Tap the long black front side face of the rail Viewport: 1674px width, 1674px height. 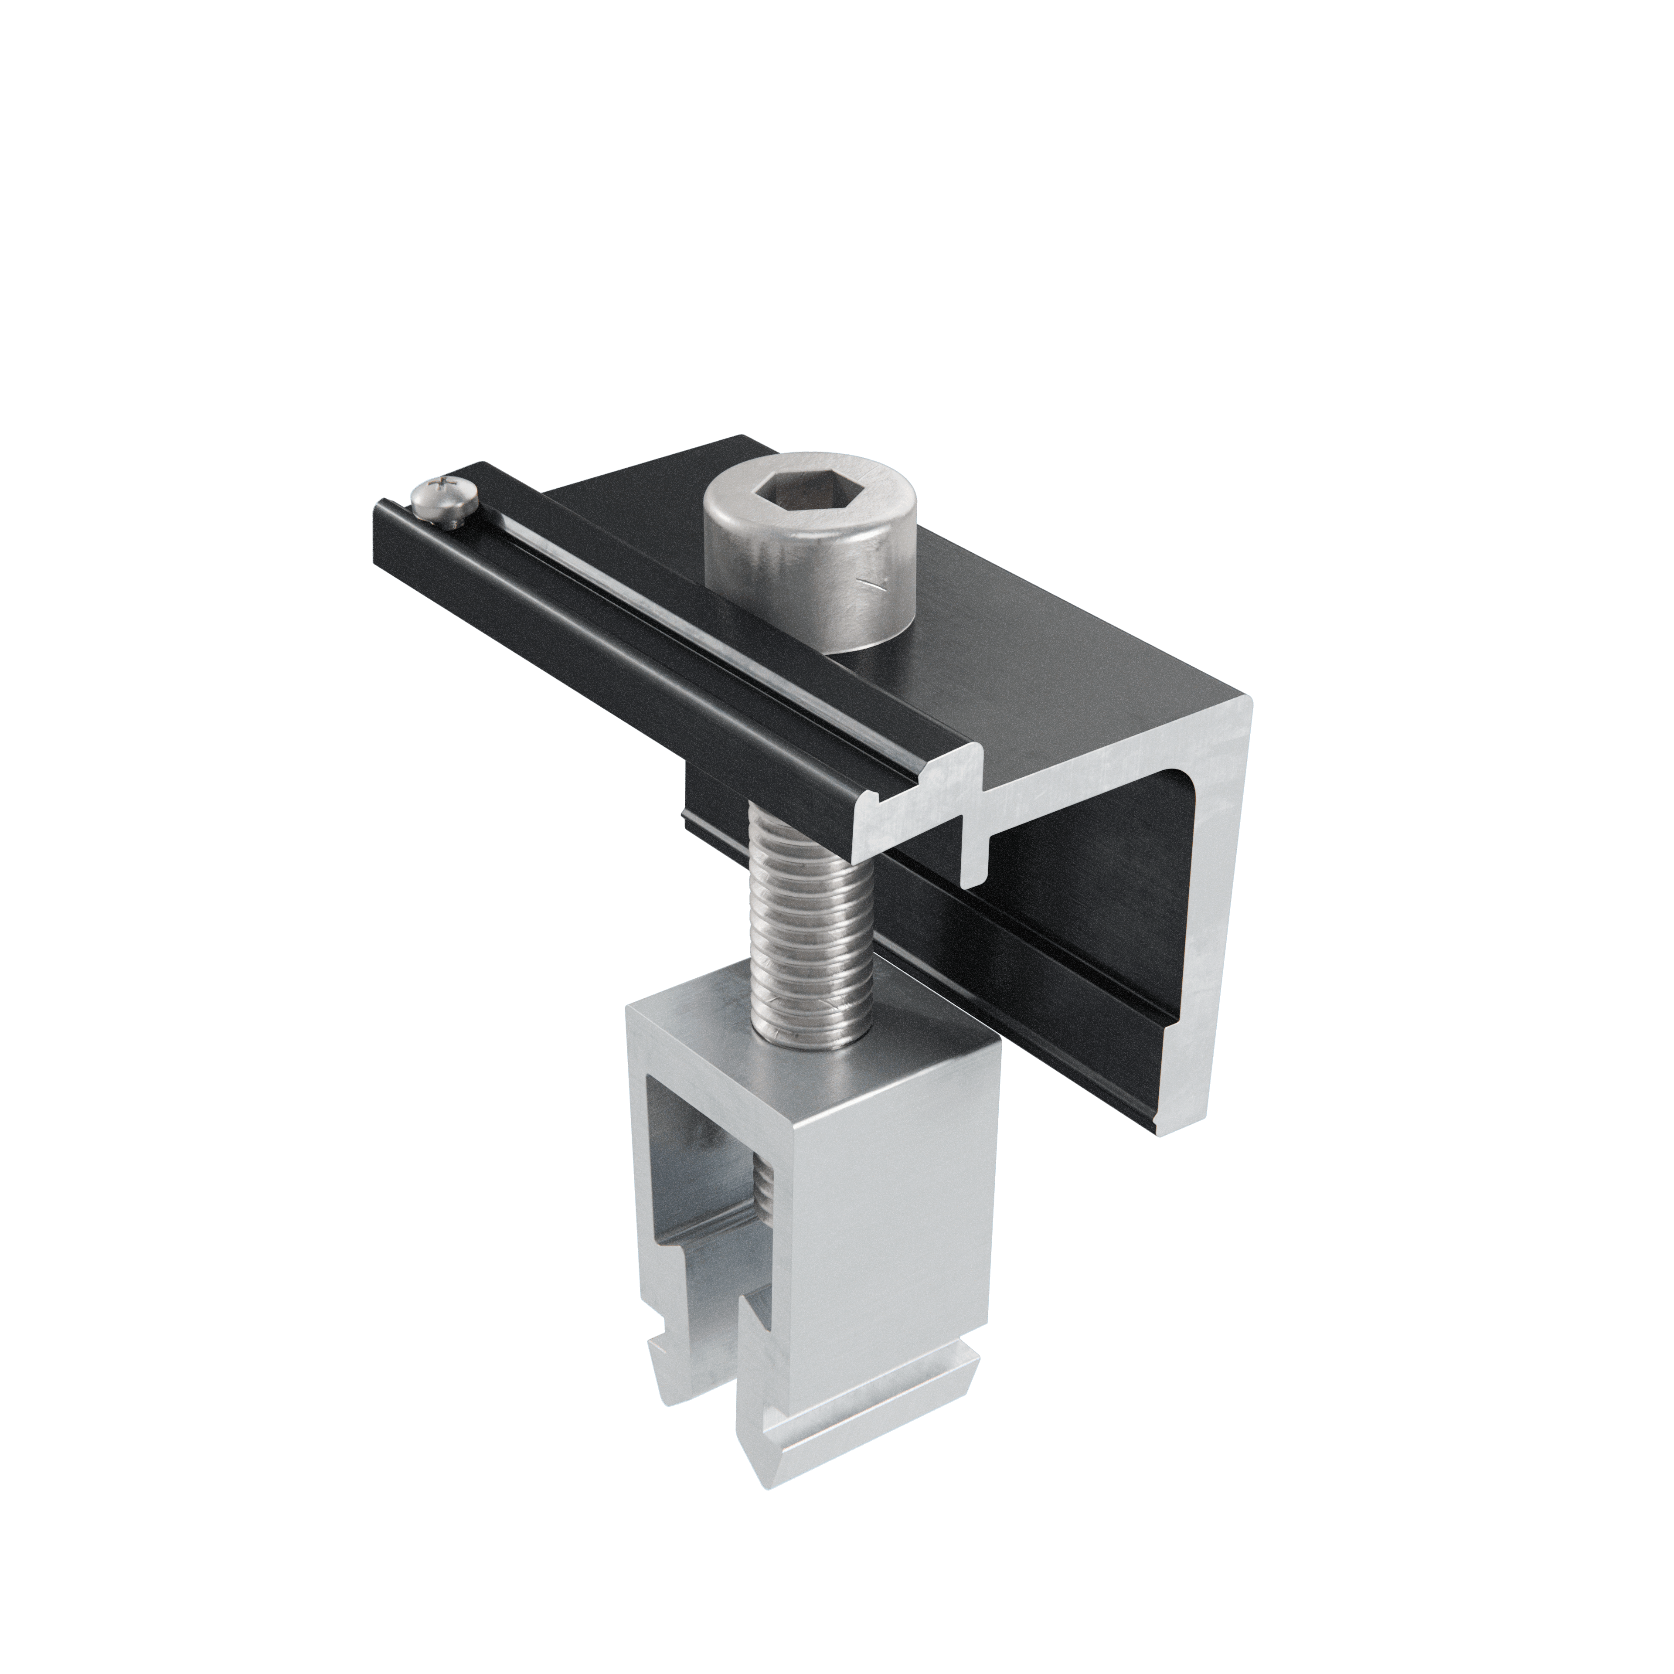click(x=606, y=659)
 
